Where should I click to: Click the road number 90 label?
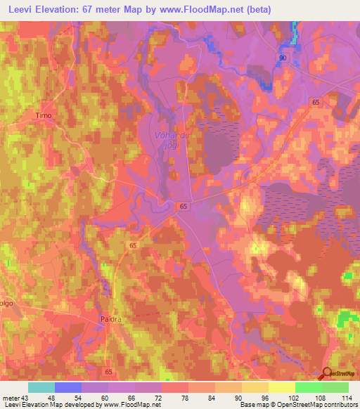pos(283,57)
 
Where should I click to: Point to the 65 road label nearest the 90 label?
pos(314,103)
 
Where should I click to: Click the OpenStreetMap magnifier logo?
pos(328,375)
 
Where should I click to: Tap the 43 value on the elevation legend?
pos(25,397)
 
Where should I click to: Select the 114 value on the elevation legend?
pos(347,397)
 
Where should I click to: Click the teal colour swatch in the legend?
pos(41,387)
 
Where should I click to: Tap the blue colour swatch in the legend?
pos(68,387)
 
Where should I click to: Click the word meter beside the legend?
pos(11,397)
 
